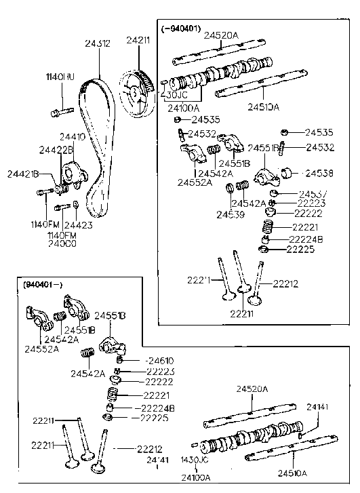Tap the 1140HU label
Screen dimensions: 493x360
60,77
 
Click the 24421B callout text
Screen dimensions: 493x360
22,174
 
